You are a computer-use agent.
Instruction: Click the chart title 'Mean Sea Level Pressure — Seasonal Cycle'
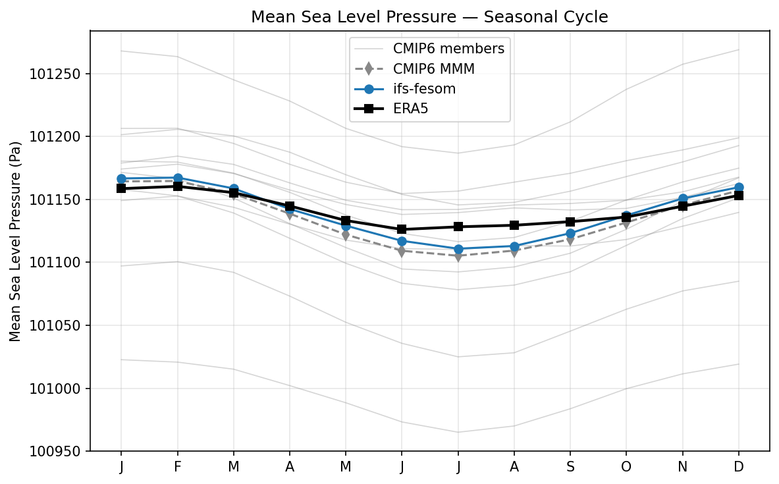(x=429, y=17)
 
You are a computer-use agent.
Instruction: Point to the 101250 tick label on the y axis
(x=55, y=74)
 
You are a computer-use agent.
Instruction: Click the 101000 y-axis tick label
(x=55, y=389)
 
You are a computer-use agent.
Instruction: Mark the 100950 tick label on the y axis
(x=55, y=452)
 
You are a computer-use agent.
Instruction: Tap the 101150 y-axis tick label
(x=55, y=200)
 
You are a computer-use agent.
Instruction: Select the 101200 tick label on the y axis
(x=55, y=137)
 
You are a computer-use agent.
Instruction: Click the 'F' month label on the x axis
(x=177, y=467)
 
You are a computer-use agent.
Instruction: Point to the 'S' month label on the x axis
(x=570, y=467)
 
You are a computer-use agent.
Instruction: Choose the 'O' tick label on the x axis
(x=626, y=467)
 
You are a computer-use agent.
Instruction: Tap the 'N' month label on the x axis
(x=683, y=467)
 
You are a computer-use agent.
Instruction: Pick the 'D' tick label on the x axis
(x=739, y=467)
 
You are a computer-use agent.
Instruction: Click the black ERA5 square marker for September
(x=570, y=222)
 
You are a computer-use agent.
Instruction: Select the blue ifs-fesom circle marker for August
(x=514, y=246)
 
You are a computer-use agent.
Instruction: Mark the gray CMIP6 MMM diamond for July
(x=458, y=255)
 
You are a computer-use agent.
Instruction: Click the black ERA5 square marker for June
(x=402, y=229)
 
